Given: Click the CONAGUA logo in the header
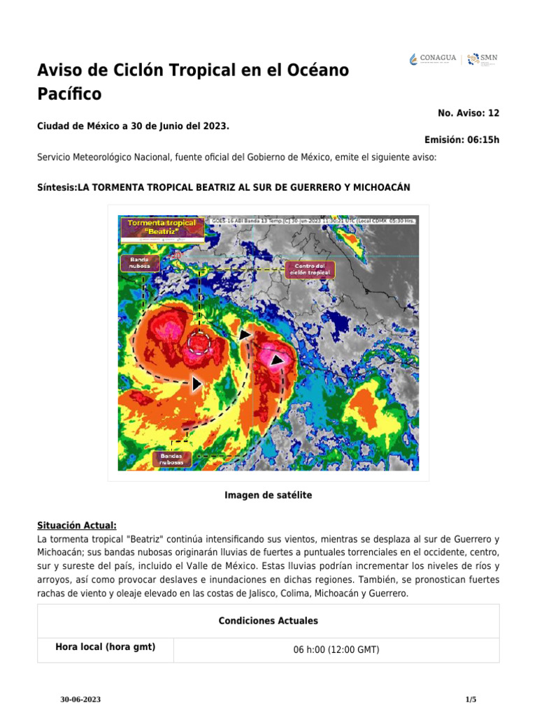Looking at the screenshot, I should [x=433, y=59].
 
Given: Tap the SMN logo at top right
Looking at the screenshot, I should [x=482, y=59].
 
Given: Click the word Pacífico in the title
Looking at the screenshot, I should [x=69, y=94].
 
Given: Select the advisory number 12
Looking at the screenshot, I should [x=494, y=112].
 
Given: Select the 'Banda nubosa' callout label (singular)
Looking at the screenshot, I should [x=140, y=263].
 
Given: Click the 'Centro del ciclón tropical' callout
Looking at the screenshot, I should [x=309, y=270].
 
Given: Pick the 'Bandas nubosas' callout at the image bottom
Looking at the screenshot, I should [x=171, y=459].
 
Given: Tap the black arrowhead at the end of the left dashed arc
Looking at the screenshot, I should [x=197, y=383].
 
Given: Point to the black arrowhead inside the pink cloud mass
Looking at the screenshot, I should [x=277, y=360].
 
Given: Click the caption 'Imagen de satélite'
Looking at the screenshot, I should [x=268, y=495].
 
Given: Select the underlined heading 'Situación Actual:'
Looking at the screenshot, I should [x=77, y=526].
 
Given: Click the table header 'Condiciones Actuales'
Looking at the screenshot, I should [x=268, y=621].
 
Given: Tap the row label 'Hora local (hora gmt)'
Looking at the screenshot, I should [x=105, y=647].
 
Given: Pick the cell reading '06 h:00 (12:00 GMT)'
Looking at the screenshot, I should [x=336, y=649].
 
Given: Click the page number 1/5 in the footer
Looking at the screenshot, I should [x=471, y=699].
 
